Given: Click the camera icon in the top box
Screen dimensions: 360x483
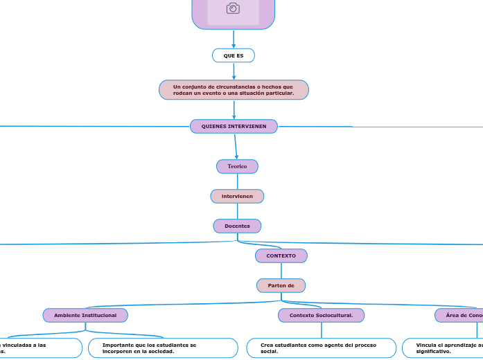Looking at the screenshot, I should click(233, 8).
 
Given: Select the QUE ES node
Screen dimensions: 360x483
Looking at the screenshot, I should click(234, 55).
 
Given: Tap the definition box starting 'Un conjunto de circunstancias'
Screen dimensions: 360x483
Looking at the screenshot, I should click(234, 90).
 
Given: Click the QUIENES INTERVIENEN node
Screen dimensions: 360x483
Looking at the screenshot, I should click(234, 126).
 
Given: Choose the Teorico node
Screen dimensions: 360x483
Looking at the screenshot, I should click(237, 166).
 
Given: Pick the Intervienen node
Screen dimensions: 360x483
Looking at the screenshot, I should click(237, 197).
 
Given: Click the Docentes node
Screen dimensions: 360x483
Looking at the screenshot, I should click(237, 226).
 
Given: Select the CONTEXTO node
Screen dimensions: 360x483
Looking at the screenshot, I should click(281, 255).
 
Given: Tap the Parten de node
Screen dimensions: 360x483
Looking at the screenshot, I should click(281, 285).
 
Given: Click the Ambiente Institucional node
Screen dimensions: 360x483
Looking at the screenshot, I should click(85, 315).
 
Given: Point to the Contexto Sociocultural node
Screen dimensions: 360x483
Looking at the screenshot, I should click(321, 315).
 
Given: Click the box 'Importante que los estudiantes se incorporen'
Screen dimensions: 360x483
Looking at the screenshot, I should click(163, 348).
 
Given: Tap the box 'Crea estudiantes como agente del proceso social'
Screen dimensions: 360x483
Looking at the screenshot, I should click(321, 348).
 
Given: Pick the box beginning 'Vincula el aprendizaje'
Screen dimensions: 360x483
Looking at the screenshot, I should click(444, 348).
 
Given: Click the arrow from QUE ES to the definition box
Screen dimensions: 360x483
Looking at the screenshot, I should click(234, 71).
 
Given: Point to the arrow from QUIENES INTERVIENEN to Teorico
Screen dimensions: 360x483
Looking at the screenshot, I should click(236, 146).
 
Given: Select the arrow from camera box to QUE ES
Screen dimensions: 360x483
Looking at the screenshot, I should click(234, 39).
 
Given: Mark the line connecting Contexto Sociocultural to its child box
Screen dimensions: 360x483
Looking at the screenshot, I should click(321, 330).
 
